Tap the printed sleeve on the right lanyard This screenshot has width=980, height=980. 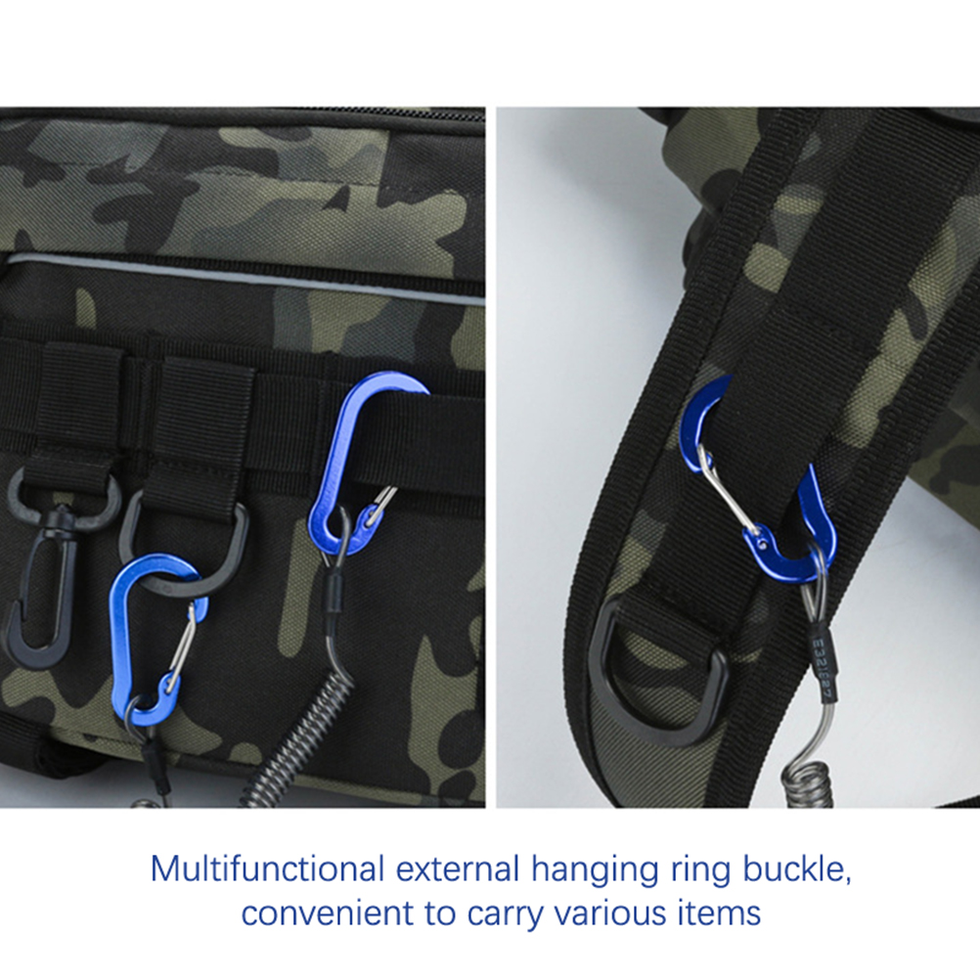824,667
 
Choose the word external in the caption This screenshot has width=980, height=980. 458,869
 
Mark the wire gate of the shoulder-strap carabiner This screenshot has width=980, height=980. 732,487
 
